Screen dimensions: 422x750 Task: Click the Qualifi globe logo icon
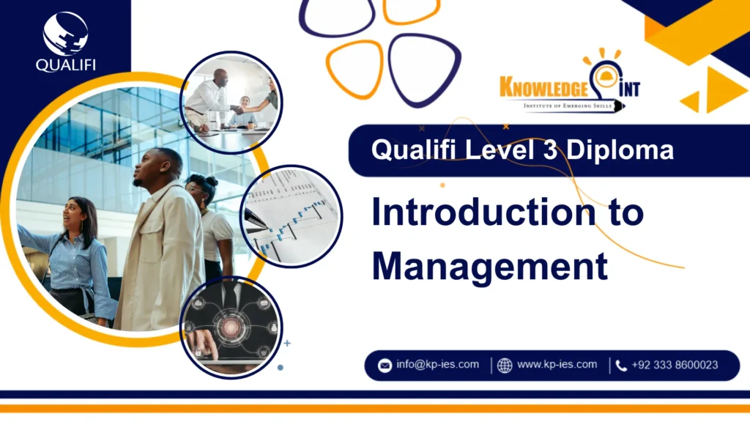tap(65, 33)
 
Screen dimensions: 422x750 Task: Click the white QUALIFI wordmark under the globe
tap(65, 65)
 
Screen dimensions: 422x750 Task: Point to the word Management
tap(490, 265)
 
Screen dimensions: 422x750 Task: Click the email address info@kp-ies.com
tap(437, 365)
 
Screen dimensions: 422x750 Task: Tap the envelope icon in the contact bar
tap(385, 366)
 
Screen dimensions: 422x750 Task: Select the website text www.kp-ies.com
tap(557, 365)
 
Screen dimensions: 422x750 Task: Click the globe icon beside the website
tap(505, 366)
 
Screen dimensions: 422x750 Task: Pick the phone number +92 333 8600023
tap(675, 365)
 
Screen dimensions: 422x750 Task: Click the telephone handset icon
tap(621, 366)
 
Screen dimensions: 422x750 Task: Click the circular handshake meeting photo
tap(231, 102)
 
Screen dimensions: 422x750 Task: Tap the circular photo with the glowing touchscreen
tap(231, 327)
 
